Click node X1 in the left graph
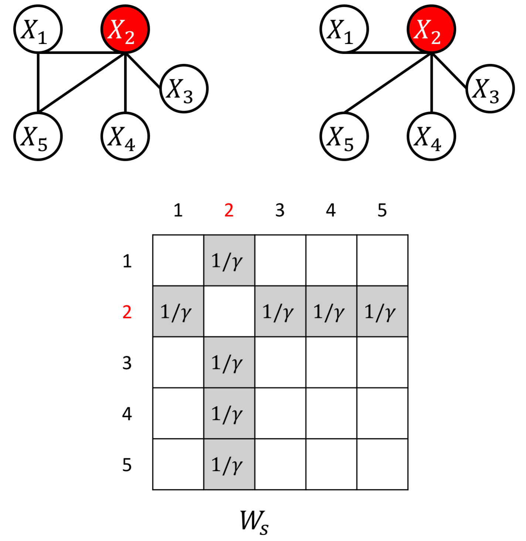pyautogui.click(x=38, y=29)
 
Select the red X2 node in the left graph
pyautogui.click(x=125, y=29)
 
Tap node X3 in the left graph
pyautogui.click(x=184, y=89)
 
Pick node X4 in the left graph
pyautogui.click(x=125, y=136)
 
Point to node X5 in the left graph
pyautogui.click(x=38, y=136)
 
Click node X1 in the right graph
pyautogui.click(x=344, y=29)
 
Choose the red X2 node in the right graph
pyautogui.click(x=431, y=29)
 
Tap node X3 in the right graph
pyautogui.click(x=490, y=89)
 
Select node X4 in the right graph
pyautogui.click(x=431, y=136)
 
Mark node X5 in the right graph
pyautogui.click(x=344, y=136)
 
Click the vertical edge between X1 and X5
pyautogui.click(x=38, y=82)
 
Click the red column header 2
pyautogui.click(x=229, y=210)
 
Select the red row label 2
pyautogui.click(x=127, y=312)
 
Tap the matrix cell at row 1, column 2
pyautogui.click(x=229, y=261)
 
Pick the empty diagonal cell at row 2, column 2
pyautogui.click(x=229, y=312)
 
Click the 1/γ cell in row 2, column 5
pyautogui.click(x=382, y=312)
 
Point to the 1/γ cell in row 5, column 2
pyautogui.click(x=229, y=465)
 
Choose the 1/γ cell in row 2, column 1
pyautogui.click(x=178, y=312)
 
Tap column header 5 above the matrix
pyautogui.click(x=382, y=210)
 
